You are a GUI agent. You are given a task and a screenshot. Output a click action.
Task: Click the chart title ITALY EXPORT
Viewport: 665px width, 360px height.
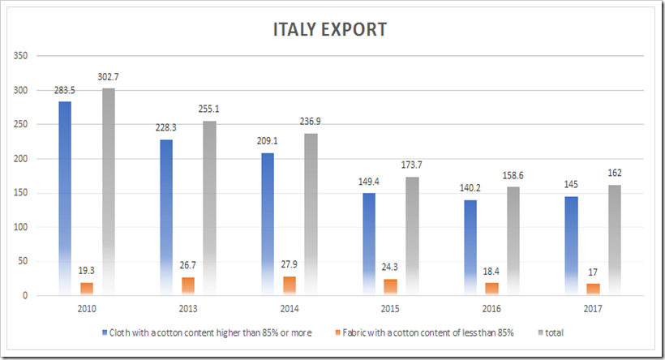(329, 29)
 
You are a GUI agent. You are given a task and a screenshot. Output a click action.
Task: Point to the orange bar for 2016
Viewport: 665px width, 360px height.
(492, 289)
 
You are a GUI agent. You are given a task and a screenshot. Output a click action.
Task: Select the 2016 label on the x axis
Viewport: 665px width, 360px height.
(490, 309)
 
